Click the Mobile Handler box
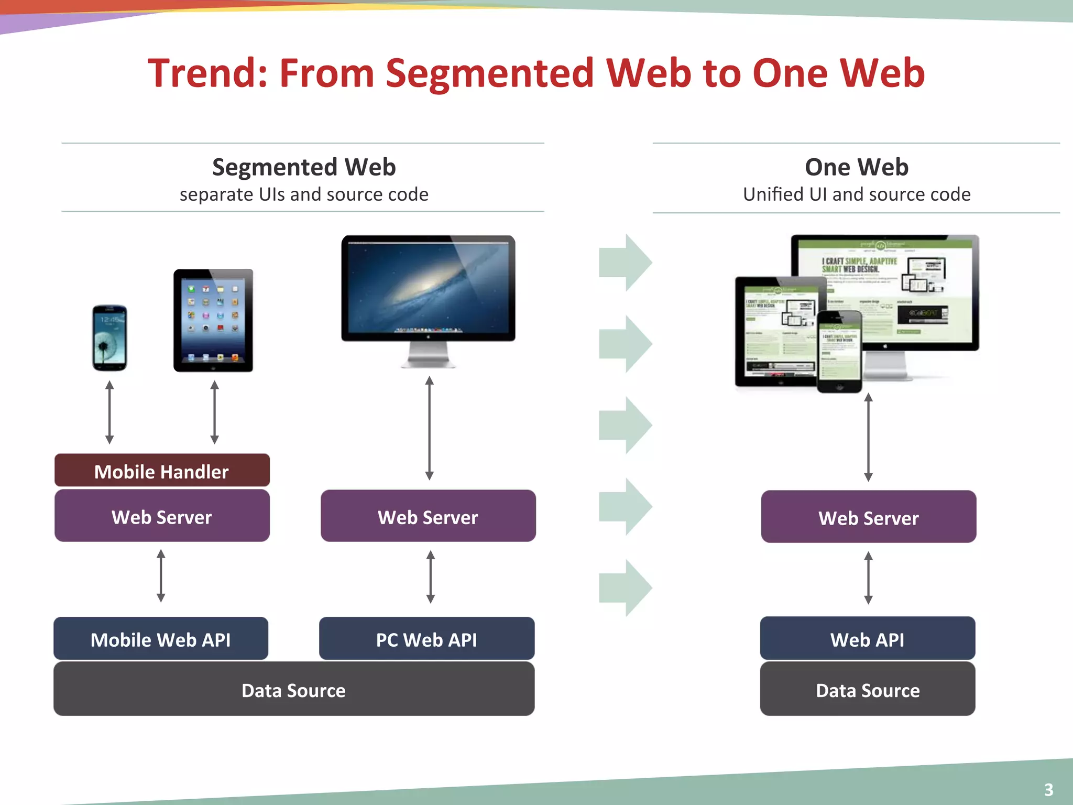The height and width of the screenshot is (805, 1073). click(162, 471)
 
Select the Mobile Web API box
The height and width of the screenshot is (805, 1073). click(161, 639)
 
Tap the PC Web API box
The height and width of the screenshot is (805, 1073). click(426, 639)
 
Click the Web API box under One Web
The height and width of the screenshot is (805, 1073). click(868, 639)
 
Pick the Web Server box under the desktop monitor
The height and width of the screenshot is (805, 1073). click(428, 516)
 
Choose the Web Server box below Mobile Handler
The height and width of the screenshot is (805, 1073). click(162, 516)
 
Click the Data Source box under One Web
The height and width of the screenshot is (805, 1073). click(868, 689)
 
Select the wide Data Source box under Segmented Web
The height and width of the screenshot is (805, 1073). click(293, 689)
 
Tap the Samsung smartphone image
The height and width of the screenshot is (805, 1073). click(110, 338)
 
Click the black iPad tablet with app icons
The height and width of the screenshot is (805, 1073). click(213, 321)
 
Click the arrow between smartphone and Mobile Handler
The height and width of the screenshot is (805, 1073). click(110, 412)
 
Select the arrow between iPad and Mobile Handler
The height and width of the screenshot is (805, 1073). click(214, 412)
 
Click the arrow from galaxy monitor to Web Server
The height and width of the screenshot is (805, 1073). click(429, 428)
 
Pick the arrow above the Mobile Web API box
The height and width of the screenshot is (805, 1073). click(161, 575)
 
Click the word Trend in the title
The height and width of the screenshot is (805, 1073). click(207, 73)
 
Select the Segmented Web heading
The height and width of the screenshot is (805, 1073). click(304, 167)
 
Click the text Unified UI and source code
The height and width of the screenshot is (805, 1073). click(857, 194)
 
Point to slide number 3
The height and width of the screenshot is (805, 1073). click(1048, 789)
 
